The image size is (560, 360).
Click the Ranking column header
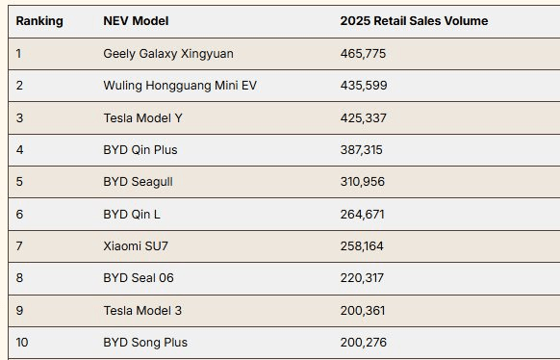39,21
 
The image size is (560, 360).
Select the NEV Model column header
136,21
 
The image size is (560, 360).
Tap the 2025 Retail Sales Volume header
414,21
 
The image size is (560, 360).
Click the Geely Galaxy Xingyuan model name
168,54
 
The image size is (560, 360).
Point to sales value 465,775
363,54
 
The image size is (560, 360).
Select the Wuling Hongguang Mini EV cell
180,86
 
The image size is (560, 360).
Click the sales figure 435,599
364,86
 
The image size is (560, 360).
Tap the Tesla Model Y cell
142,118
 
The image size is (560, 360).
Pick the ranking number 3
19,118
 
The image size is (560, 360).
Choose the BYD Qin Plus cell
140,150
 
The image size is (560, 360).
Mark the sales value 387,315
361,150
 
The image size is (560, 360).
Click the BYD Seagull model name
138,182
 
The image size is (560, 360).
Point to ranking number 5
19,182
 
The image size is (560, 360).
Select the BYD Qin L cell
132,215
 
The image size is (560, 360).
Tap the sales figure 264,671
362,215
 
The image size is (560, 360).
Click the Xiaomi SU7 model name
136,246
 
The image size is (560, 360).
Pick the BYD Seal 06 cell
139,278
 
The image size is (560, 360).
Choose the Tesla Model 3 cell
142,311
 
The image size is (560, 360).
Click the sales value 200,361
363,311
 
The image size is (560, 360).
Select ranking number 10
22,343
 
